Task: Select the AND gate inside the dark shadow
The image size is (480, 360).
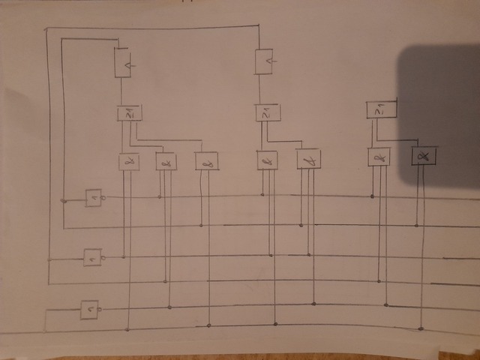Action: click(x=424, y=157)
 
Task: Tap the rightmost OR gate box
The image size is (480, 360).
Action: click(x=380, y=110)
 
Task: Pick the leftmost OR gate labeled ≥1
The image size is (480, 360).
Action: click(x=129, y=114)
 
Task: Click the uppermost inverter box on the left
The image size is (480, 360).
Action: click(x=93, y=198)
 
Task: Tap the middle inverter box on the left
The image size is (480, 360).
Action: click(x=91, y=257)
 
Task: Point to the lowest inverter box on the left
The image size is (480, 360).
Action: click(x=88, y=308)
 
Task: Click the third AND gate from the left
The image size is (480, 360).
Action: click(x=205, y=160)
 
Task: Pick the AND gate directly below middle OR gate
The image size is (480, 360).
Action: click(x=266, y=160)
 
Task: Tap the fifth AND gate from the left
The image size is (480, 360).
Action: click(x=308, y=159)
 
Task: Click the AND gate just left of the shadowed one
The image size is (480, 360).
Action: click(x=379, y=157)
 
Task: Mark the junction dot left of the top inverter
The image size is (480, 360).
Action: click(x=63, y=200)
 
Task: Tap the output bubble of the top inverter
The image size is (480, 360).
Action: click(x=103, y=198)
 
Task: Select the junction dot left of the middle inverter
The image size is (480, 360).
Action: click(x=49, y=259)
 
